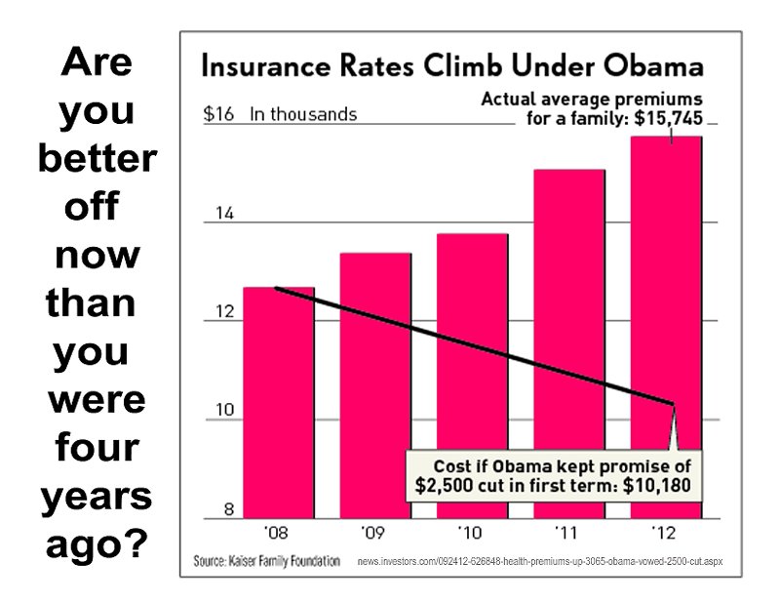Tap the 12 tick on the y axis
pos(224,313)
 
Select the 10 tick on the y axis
pos(224,411)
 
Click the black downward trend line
pos(468,343)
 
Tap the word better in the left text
pos(96,159)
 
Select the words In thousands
pos(303,114)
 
